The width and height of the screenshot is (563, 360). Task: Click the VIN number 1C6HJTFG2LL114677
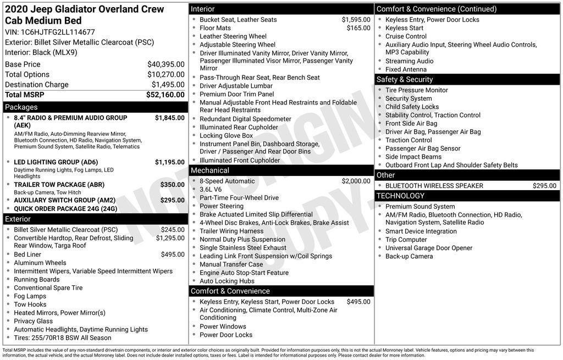tap(58, 32)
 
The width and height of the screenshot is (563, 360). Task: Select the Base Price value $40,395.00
tap(165, 64)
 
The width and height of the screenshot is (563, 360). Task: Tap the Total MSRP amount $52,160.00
tap(165, 95)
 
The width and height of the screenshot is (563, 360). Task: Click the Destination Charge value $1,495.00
tap(168, 85)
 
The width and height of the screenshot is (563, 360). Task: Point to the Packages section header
tap(21, 107)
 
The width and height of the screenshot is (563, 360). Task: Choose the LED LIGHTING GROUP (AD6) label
tap(56, 162)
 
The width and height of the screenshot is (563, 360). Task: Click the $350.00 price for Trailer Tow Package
tap(172, 185)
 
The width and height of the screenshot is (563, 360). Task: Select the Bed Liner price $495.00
tap(173, 254)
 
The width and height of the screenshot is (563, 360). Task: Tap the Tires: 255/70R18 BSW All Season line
tap(62, 337)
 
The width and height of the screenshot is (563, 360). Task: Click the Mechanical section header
tap(210, 170)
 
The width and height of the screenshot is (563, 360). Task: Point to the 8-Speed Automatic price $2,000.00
tap(356, 181)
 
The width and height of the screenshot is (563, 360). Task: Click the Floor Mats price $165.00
tap(358, 28)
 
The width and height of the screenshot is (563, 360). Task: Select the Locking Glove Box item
tap(226, 135)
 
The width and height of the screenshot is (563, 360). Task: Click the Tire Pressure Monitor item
tap(416, 90)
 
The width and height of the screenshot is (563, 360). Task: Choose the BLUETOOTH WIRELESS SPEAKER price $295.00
tap(544, 186)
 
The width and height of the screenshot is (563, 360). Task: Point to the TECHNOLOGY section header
tap(400, 196)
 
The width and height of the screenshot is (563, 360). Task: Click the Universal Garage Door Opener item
tap(428, 248)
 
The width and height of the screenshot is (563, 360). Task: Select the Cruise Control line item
tap(406, 36)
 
